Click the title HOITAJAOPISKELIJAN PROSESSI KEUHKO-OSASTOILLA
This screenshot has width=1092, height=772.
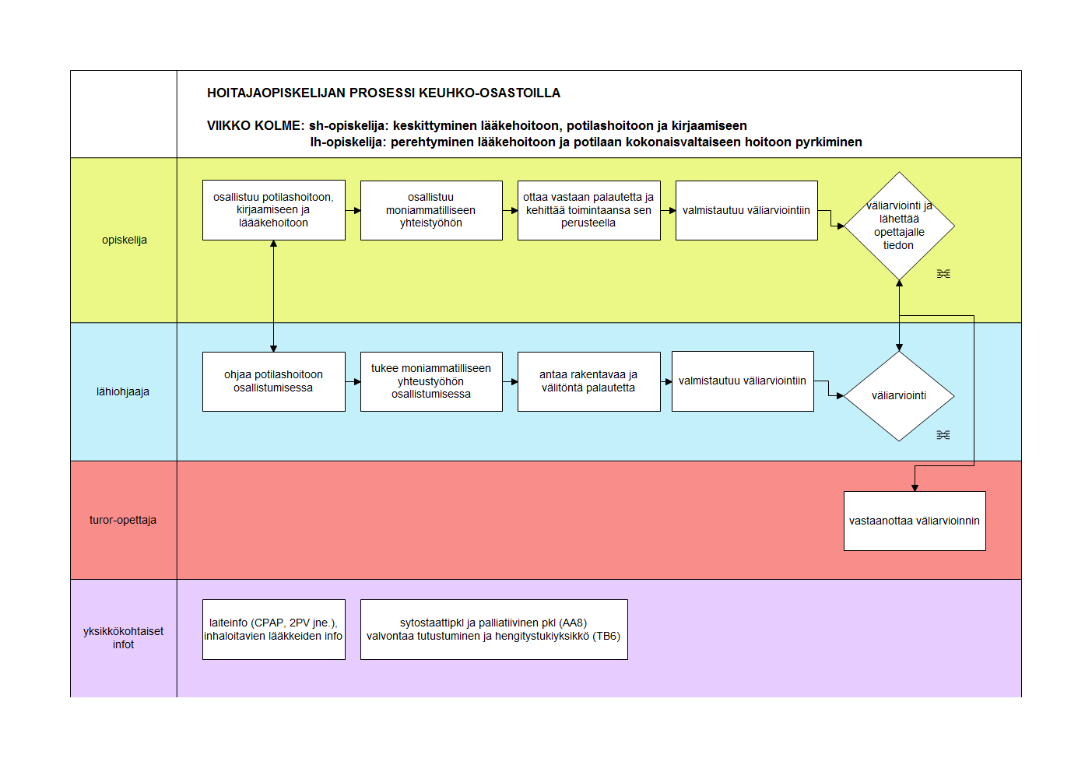pos(384,93)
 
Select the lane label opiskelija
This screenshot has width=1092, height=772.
pos(125,240)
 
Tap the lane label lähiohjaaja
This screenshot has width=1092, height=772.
pos(123,391)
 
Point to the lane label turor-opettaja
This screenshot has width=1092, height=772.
pos(123,520)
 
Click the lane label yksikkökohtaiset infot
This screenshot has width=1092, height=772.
pos(123,637)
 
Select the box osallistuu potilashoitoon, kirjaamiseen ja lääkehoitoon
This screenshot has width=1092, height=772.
pos(273,210)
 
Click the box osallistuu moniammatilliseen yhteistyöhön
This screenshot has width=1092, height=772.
pos(431,210)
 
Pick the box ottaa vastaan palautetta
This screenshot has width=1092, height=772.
pos(588,210)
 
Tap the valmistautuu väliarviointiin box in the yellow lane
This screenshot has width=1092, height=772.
pos(746,210)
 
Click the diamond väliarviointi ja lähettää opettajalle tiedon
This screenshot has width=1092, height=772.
pos(899,226)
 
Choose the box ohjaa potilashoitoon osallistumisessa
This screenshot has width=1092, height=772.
pos(273,381)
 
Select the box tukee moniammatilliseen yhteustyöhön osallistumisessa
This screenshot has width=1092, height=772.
pos(431,381)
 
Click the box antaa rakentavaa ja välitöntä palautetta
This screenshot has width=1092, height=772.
pos(588,381)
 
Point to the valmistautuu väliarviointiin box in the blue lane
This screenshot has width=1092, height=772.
pos(743,381)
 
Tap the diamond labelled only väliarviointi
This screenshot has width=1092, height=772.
pos(899,396)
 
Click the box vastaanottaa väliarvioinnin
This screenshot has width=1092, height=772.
pos(915,521)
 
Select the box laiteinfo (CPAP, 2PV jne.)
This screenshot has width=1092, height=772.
pos(273,630)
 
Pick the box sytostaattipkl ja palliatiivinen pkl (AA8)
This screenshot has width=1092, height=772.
pos(493,630)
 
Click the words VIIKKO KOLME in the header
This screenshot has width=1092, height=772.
pos(255,126)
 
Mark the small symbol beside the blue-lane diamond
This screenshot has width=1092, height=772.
pos(943,435)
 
